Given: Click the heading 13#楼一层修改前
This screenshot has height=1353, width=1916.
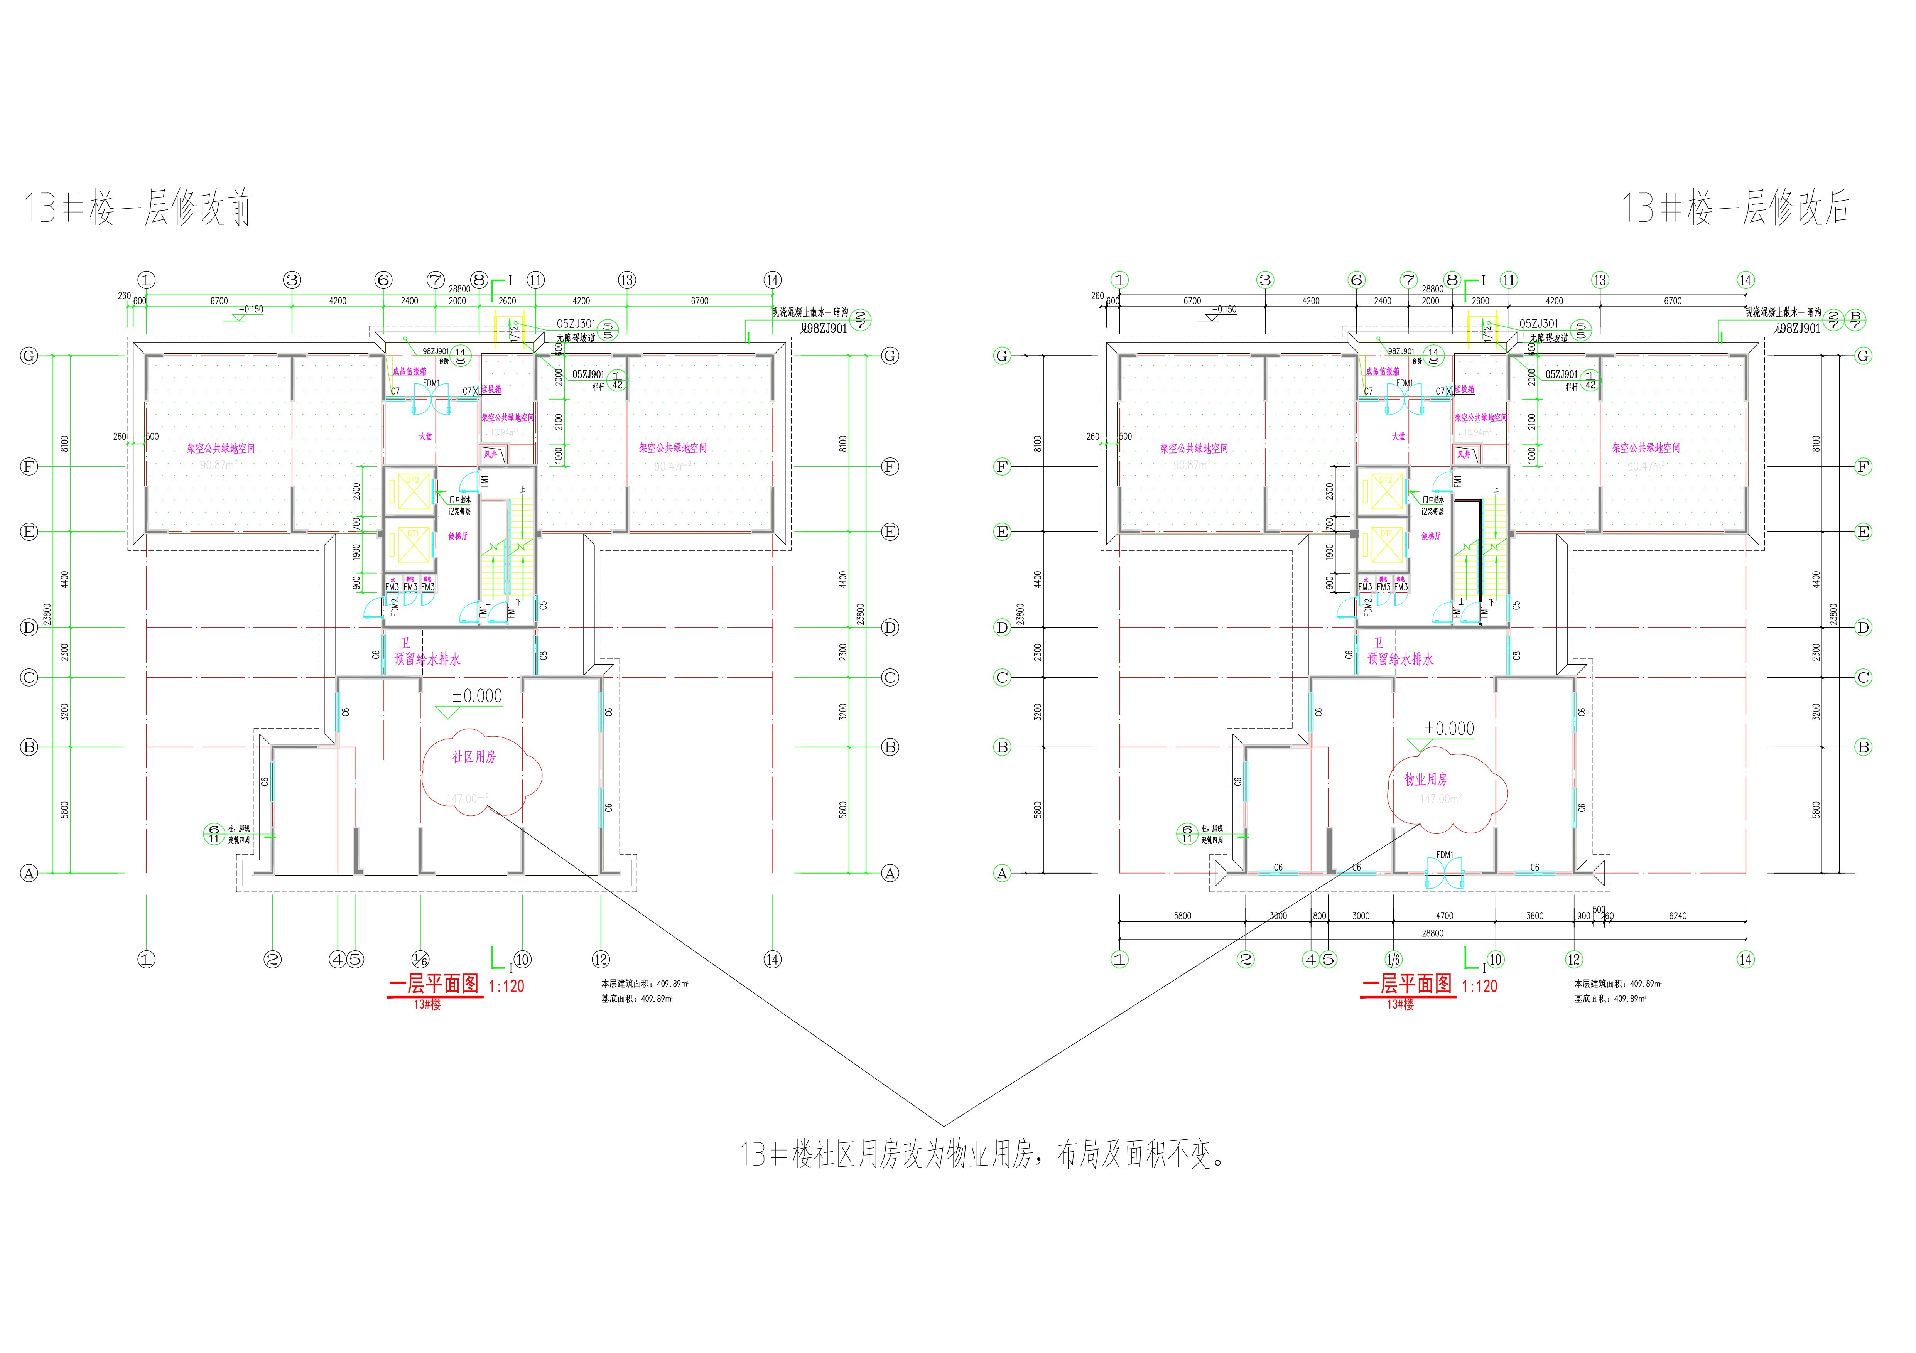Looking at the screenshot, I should (138, 208).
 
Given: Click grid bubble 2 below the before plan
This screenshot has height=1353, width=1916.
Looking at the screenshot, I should (273, 959).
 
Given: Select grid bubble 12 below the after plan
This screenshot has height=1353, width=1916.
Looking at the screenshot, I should (1574, 959).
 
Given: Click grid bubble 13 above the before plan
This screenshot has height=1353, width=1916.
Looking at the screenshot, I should (627, 280).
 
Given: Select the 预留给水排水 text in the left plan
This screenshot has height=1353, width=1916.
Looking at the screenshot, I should (427, 659).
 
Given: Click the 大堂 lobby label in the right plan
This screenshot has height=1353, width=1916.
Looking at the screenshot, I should (1399, 436).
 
